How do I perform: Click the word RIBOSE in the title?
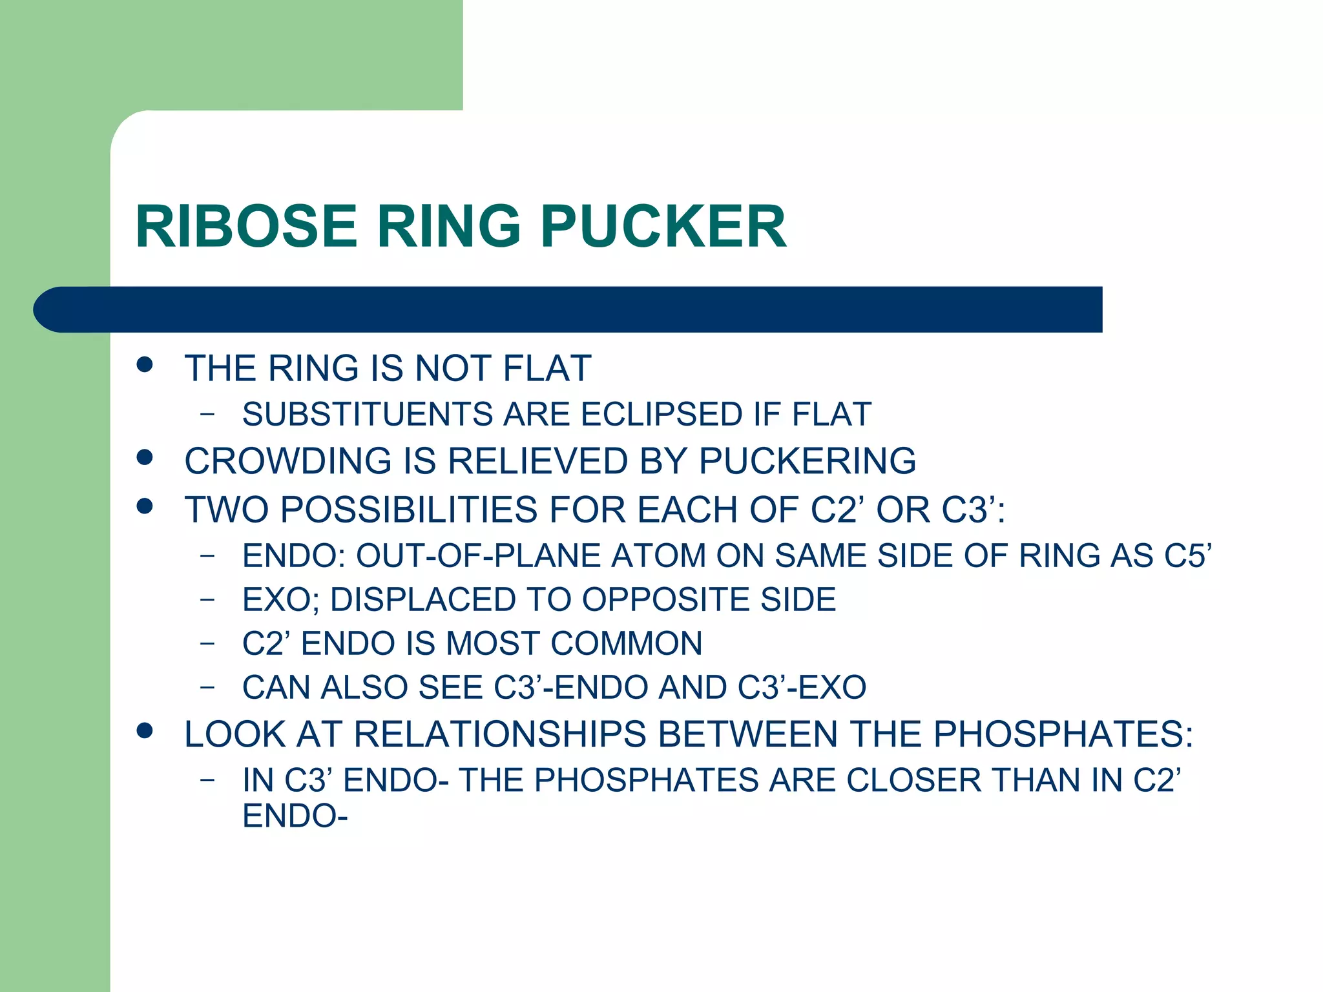[x=246, y=226]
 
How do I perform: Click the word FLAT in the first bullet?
[x=547, y=368]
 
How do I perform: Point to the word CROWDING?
[x=288, y=461]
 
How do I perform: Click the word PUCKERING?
[x=807, y=461]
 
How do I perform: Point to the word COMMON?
[x=626, y=644]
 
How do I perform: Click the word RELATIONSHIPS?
[x=500, y=735]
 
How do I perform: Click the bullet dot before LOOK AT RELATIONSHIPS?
[x=145, y=730]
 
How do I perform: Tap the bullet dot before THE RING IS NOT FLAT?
[x=145, y=364]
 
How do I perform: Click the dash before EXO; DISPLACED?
[x=207, y=600]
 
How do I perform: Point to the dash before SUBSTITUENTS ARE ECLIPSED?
[x=207, y=414]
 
